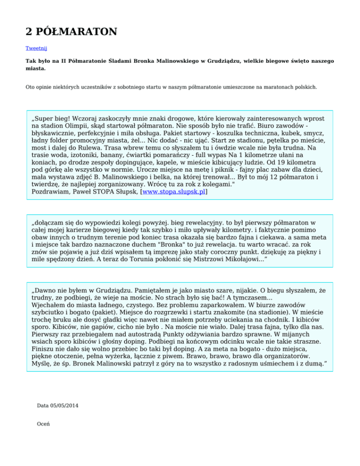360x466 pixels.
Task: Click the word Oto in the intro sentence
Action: [x=30, y=87]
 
